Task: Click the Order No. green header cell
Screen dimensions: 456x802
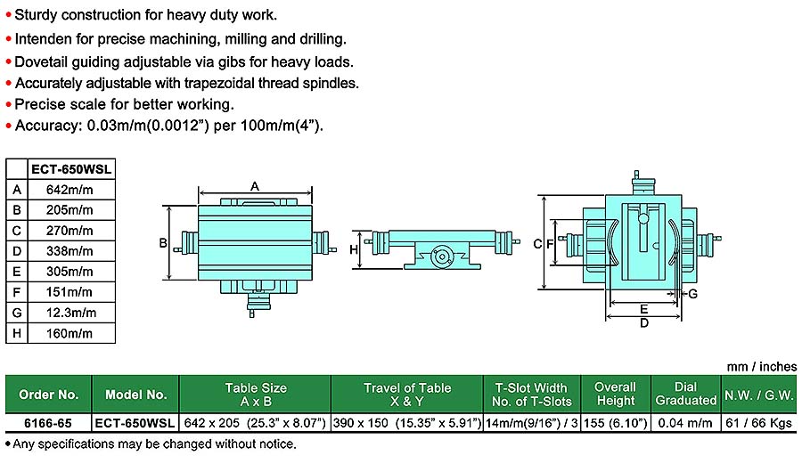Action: point(49,395)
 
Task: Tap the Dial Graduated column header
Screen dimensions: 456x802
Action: point(684,395)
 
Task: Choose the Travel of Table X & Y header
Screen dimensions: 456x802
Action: point(407,395)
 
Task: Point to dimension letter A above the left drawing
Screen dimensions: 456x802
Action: point(254,186)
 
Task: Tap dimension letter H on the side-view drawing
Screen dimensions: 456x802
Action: point(354,250)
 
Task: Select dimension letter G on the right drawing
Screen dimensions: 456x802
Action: point(692,293)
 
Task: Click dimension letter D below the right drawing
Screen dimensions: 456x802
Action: point(643,323)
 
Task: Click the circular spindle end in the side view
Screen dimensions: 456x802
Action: point(439,256)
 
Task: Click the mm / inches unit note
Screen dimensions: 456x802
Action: point(762,366)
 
